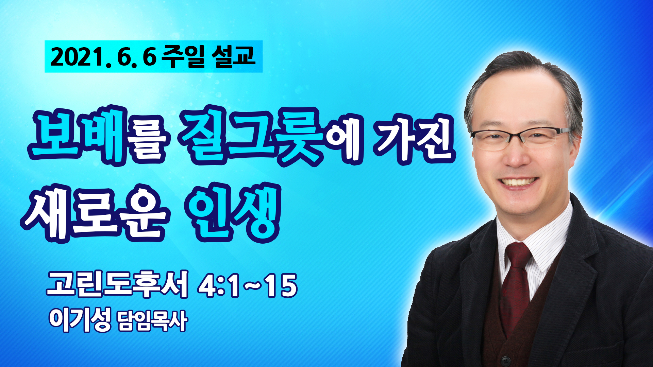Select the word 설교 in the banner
pyautogui.click(x=233, y=56)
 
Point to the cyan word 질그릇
pyautogui.click(x=252, y=136)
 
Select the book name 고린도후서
pyautogui.click(x=117, y=285)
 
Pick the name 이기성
pyautogui.click(x=80, y=320)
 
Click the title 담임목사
pyautogui.click(x=152, y=321)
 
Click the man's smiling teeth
pyautogui.click(x=518, y=182)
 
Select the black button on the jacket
pyautogui.click(x=506, y=361)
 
